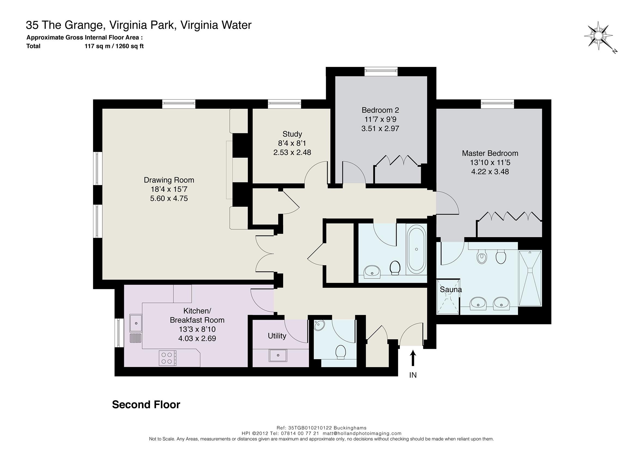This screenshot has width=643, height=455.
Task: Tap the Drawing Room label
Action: pyautogui.click(x=169, y=180)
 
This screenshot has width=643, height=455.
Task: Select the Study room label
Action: pyautogui.click(x=292, y=134)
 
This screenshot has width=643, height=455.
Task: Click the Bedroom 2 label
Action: pyautogui.click(x=380, y=110)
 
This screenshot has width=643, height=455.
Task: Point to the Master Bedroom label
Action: pyautogui.click(x=490, y=153)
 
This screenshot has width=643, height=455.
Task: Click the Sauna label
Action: pyautogui.click(x=451, y=289)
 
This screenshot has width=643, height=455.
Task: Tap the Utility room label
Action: pyautogui.click(x=277, y=336)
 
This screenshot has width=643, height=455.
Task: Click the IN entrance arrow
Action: pyautogui.click(x=413, y=358)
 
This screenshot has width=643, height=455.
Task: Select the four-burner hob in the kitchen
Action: pyautogui.click(x=167, y=358)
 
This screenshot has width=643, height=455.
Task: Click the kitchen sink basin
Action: pyautogui.click(x=136, y=323)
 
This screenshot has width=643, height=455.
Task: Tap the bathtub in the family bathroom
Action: pyautogui.click(x=416, y=249)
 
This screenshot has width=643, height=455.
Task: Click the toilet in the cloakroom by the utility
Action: pyautogui.click(x=341, y=352)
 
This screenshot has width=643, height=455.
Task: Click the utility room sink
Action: pyautogui.click(x=278, y=355)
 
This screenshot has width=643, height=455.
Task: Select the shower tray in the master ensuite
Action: pyautogui.click(x=530, y=278)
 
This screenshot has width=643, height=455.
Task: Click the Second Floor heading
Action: pyautogui.click(x=146, y=405)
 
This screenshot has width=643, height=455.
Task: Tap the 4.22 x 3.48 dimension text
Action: pyautogui.click(x=490, y=172)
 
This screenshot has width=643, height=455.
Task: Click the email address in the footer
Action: pyautogui.click(x=362, y=433)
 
